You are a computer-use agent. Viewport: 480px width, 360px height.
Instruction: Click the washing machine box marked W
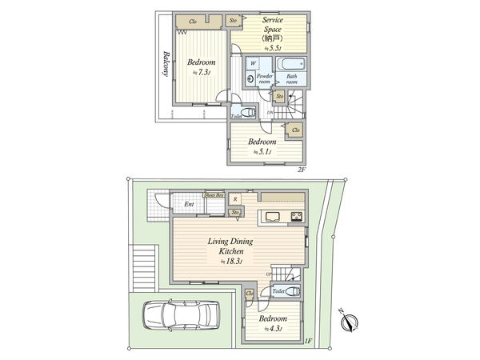[253, 62]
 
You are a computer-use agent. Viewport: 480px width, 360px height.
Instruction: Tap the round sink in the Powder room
[251, 78]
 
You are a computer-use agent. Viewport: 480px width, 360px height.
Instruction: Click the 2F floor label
[302, 169]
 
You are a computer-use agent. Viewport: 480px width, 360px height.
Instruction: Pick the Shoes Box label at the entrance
[214, 194]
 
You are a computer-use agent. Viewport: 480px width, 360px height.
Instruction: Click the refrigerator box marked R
[235, 198]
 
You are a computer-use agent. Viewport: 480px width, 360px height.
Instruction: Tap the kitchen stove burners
[295, 217]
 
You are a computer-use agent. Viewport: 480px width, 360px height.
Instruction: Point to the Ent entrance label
[189, 205]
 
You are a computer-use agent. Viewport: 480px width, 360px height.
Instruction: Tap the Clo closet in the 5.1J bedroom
[295, 130]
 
